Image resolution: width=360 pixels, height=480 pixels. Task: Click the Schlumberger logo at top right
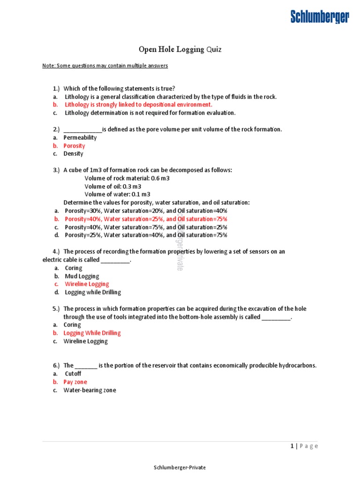[x=320, y=17]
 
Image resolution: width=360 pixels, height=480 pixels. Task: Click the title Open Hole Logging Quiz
[x=180, y=49]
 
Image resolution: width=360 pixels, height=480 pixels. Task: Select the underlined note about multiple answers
[x=105, y=66]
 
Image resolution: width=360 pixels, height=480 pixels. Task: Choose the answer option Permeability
[x=80, y=137]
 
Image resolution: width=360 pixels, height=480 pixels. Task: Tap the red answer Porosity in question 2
[x=75, y=146]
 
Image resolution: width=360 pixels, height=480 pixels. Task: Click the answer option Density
[x=74, y=154]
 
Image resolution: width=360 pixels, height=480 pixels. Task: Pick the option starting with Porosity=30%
[x=146, y=210]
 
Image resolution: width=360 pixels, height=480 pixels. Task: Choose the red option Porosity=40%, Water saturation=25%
[x=146, y=219]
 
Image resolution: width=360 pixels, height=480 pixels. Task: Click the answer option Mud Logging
[x=82, y=276]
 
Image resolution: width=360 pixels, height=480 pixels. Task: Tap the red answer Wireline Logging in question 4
[x=87, y=284]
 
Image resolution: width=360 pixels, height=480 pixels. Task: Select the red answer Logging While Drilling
[x=92, y=333]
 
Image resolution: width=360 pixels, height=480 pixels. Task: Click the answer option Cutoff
[x=73, y=374]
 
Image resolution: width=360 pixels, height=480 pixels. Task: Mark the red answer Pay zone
[x=75, y=382]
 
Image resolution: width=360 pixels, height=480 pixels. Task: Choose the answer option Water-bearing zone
[x=90, y=390]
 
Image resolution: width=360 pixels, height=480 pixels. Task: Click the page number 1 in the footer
[x=292, y=446]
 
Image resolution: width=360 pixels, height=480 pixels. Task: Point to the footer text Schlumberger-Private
[x=180, y=467]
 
